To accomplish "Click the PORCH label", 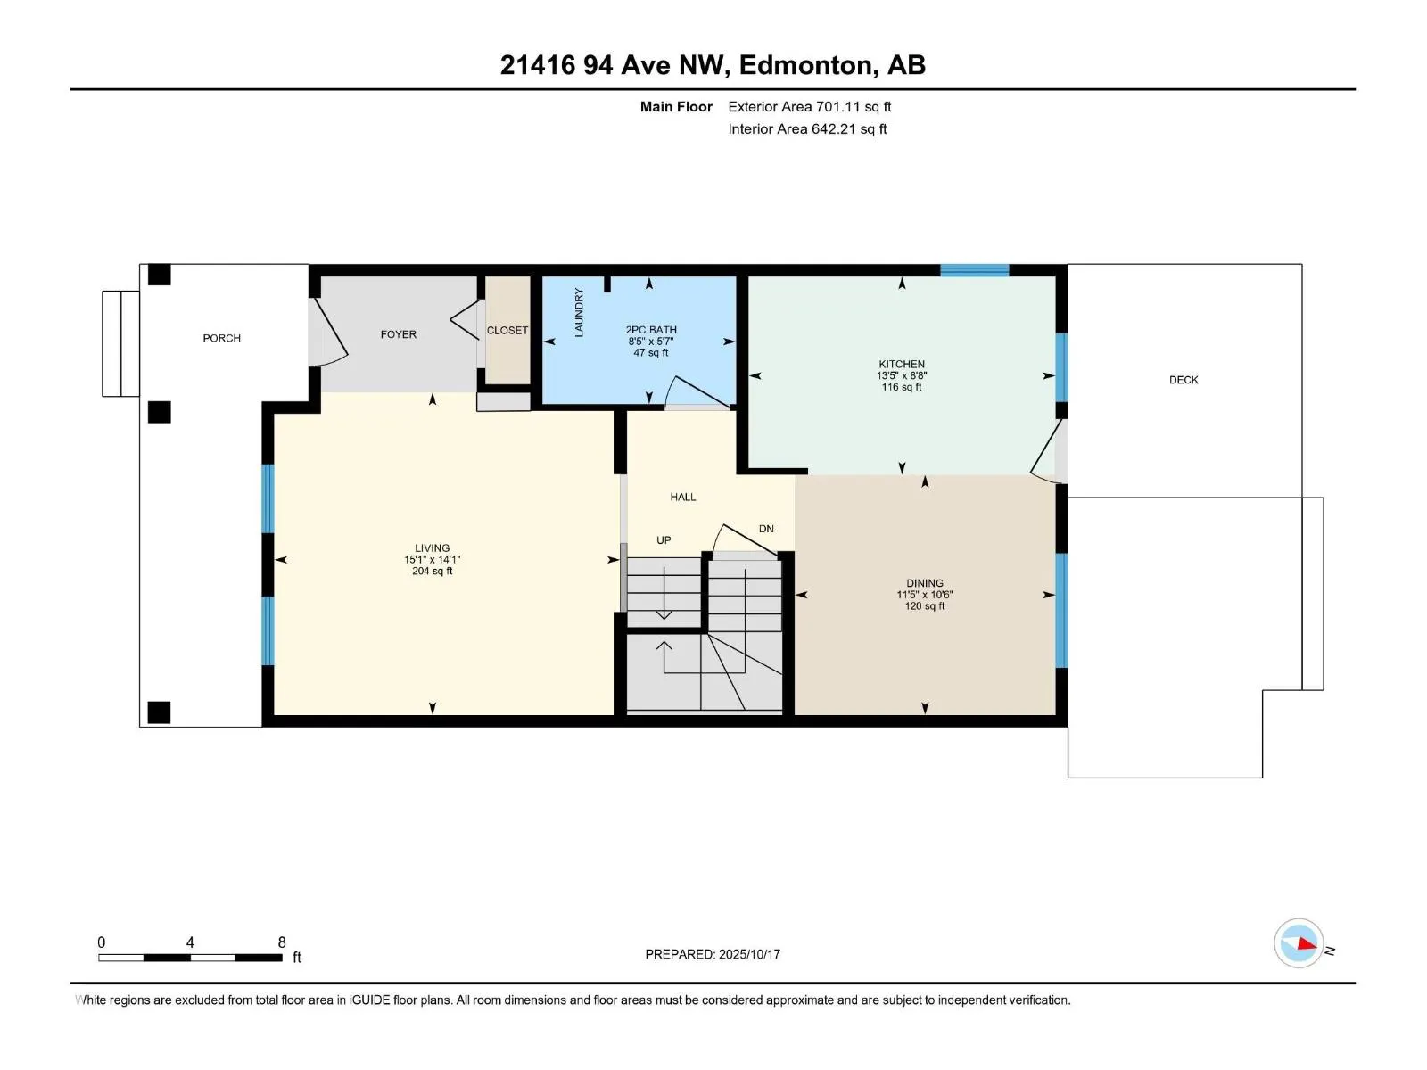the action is point(222,338).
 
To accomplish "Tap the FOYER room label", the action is point(399,333).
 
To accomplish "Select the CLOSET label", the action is point(507,330).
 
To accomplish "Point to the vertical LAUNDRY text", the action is point(579,312).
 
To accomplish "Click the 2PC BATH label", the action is point(651,329).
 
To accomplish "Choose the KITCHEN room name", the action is point(902,364).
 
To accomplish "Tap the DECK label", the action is point(1184,380).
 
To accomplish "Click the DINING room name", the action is point(925,583).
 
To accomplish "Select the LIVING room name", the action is point(433,547).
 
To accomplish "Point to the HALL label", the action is point(682,497).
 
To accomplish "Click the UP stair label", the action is point(664,539).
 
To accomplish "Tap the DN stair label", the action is point(766,529).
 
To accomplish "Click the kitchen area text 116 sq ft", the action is point(902,387).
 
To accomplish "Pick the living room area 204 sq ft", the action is point(433,571).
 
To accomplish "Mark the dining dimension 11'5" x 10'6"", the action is point(925,595).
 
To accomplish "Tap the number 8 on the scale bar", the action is point(282,942).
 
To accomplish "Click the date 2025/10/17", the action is point(749,954).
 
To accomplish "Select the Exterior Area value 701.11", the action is point(837,106).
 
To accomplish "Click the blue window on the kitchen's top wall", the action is point(975,270).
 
